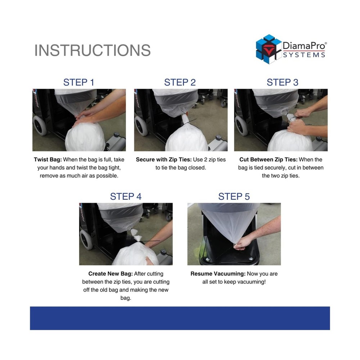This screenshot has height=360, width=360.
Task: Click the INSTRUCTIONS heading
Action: tap(93, 51)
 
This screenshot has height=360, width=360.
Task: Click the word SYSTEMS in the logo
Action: tap(304, 55)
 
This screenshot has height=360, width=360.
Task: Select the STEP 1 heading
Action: tap(79, 82)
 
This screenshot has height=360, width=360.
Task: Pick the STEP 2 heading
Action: tap(180, 82)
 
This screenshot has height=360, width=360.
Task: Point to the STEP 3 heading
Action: tap(282, 82)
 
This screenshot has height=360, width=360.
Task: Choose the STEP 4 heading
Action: tap(126, 197)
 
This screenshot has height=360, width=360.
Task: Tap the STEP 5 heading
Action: tap(234, 197)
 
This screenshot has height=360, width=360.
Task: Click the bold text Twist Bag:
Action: tap(48, 159)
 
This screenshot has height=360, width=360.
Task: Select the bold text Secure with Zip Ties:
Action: tap(163, 159)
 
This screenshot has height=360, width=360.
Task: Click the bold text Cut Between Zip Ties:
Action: tap(268, 159)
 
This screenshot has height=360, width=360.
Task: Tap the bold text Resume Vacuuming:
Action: tap(218, 274)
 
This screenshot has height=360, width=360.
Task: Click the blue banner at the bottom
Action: tap(180, 318)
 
